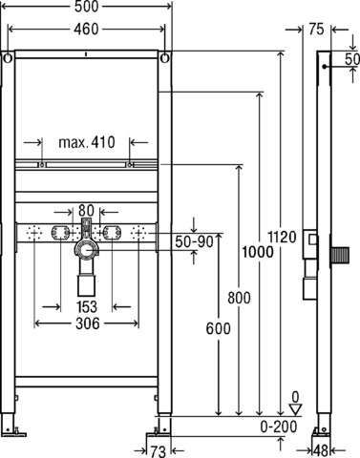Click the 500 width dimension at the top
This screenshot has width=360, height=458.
pyautogui.click(x=87, y=7)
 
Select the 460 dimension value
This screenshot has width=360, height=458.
pyautogui.click(x=86, y=30)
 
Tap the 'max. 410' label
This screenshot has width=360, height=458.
pyautogui.click(x=87, y=142)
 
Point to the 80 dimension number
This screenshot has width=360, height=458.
pyautogui.click(x=86, y=211)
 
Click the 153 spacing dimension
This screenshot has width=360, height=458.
pyautogui.click(x=87, y=307)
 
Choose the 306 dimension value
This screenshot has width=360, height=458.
pyautogui.click(x=88, y=323)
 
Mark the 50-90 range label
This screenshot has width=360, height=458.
pyautogui.click(x=194, y=241)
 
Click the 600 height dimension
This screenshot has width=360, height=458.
pyautogui.click(x=218, y=328)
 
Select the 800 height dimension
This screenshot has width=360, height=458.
pyautogui.click(x=239, y=298)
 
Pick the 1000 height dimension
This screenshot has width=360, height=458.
pyautogui.click(x=258, y=252)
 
